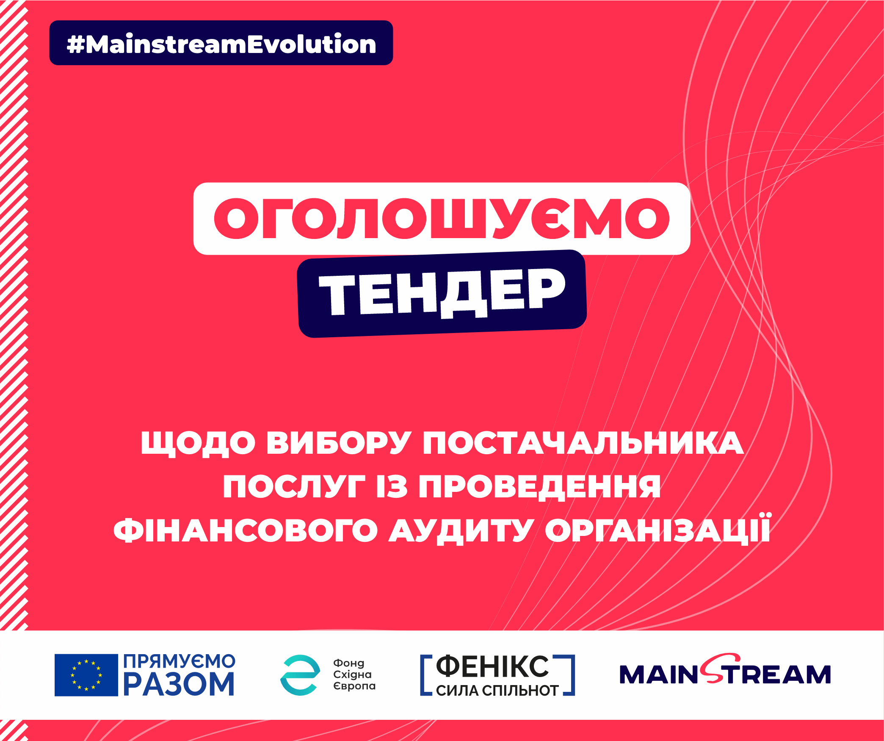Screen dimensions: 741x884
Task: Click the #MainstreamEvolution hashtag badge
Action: [x=221, y=44]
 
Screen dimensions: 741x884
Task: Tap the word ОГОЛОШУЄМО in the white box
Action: [x=442, y=219]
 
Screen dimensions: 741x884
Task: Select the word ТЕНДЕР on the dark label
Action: [x=442, y=293]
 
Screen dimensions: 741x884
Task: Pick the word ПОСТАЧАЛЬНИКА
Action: [x=583, y=444]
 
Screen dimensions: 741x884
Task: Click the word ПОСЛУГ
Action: [x=293, y=486]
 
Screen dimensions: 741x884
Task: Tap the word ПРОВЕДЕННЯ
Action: [x=539, y=486]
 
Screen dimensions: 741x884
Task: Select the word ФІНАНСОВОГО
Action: [x=246, y=530]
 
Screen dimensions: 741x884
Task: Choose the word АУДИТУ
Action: [x=461, y=530]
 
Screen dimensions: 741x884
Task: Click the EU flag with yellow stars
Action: [x=86, y=675]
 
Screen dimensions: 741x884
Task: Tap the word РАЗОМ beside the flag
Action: [x=179, y=685]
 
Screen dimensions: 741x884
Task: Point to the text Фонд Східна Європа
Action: [x=354, y=674]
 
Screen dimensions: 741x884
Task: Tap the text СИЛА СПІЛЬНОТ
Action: [x=497, y=691]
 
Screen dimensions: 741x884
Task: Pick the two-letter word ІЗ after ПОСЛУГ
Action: [x=392, y=486]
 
